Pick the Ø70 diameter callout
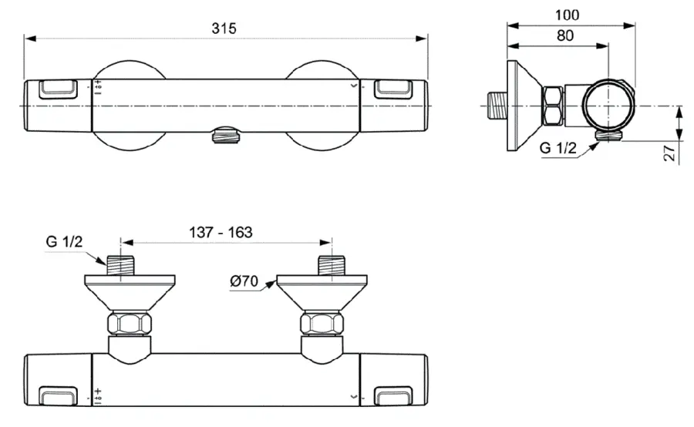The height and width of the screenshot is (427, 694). (x=244, y=281)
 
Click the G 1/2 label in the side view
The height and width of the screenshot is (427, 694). (x=558, y=149)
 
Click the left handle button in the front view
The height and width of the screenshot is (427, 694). (x=57, y=89)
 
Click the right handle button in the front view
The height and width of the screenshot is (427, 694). (x=394, y=89)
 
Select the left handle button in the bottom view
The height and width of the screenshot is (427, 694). (x=58, y=397)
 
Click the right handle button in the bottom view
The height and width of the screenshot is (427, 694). (x=394, y=397)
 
